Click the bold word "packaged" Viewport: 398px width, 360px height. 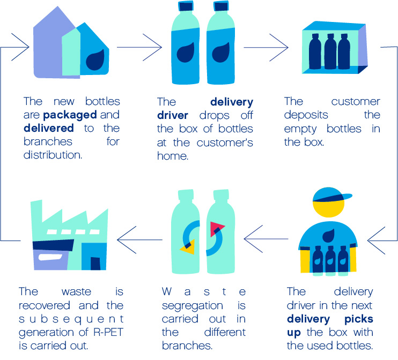tap(70, 115)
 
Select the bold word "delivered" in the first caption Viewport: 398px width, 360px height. tap(49, 128)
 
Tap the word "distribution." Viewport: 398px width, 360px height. tap(53, 155)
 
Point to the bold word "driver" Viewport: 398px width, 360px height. tap(173, 115)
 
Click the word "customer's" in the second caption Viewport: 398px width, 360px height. tap(225, 142)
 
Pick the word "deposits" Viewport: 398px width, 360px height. tap(306, 115)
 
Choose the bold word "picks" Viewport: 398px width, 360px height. tap(359, 319)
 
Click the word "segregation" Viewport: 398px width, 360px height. tap(193, 306)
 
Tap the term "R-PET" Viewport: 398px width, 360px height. tap(108, 332)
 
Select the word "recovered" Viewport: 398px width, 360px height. tap(45, 305)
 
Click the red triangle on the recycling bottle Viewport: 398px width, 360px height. tap(216, 228)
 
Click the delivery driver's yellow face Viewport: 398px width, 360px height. tap(329, 208)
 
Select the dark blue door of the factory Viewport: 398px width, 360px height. tap(95, 264)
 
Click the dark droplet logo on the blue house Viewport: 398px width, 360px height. tap(95, 60)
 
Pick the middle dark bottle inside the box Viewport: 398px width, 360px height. tap(330, 52)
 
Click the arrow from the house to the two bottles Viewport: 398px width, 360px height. tap(139, 47)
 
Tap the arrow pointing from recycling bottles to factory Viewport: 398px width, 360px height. tap(139, 239)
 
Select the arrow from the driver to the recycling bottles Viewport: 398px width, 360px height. tap(266, 239)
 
